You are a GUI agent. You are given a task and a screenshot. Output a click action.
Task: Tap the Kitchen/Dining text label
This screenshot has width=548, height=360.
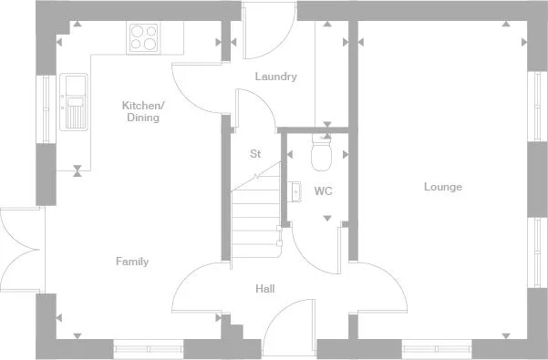point(140,111)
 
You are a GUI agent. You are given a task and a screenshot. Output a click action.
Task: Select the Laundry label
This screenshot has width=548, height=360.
point(275,77)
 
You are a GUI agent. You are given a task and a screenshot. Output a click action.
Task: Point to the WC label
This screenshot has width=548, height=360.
point(323,191)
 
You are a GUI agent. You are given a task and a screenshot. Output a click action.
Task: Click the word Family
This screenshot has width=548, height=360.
point(131,262)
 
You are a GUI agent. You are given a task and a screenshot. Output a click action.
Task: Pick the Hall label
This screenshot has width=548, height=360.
point(265,289)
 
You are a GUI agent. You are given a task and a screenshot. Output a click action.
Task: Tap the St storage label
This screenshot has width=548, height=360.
point(255,154)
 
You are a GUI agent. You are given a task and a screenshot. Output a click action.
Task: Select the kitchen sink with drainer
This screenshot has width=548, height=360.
point(74,100)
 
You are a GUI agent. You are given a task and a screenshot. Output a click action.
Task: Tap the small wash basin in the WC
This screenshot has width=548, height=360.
point(295,190)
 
